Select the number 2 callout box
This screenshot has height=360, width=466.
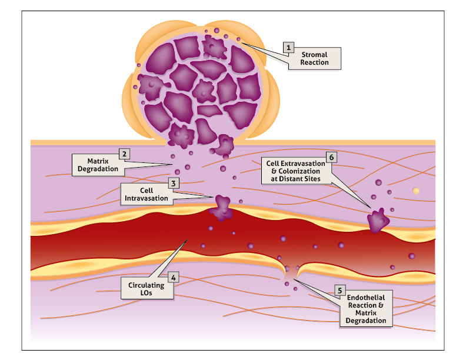tap(124, 154)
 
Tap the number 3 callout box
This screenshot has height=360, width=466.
tap(174, 184)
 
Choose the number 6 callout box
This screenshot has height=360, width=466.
tap(331, 157)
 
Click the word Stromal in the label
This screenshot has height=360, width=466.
tap(314, 55)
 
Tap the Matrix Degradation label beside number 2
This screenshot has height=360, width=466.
tap(98, 165)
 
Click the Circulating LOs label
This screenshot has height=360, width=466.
tap(147, 289)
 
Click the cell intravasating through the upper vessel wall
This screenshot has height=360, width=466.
tap(223, 208)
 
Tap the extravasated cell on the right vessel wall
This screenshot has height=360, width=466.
tap(378, 221)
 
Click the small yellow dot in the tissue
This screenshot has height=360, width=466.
tap(416, 190)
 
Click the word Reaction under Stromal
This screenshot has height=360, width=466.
tap(314, 62)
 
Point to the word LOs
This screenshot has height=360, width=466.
tap(147, 293)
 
